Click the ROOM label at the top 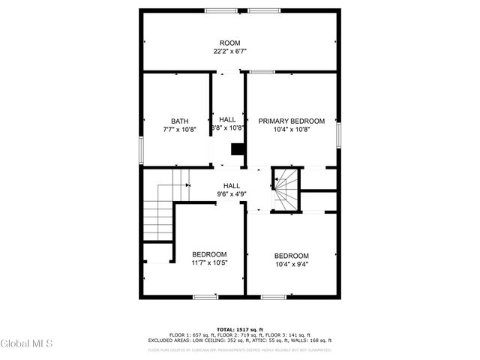(x=229, y=43)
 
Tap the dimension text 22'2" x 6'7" (x=229, y=52)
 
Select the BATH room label (x=179, y=121)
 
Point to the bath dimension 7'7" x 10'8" (x=179, y=130)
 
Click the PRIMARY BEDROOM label (x=291, y=121)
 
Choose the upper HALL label (x=227, y=119)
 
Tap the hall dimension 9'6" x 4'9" (x=231, y=195)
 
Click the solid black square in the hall (x=237, y=149)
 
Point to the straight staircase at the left (x=160, y=211)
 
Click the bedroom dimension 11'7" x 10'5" (x=209, y=263)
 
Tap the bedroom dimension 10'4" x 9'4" (x=291, y=264)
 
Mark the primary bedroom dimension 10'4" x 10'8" (x=291, y=130)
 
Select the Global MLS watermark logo (x=27, y=344)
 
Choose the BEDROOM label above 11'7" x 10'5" (x=209, y=254)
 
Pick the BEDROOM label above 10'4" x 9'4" (x=291, y=255)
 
